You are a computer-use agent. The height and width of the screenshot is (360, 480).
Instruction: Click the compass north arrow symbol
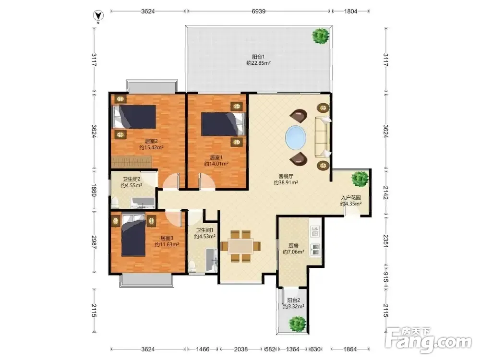pyautogui.click(x=98, y=15)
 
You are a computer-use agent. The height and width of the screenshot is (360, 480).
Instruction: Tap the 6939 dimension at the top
pyautogui.click(x=258, y=12)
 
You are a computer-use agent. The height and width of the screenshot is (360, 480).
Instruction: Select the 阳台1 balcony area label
pyautogui.click(x=258, y=57)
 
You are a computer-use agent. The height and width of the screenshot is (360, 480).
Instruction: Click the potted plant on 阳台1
pyautogui.click(x=321, y=36)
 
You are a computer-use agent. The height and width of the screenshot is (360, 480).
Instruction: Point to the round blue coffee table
pyautogui.click(x=295, y=137)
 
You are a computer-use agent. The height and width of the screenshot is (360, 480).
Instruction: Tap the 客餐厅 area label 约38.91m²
pyautogui.click(x=286, y=183)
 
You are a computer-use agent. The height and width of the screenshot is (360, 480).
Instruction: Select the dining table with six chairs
pyautogui.click(x=240, y=246)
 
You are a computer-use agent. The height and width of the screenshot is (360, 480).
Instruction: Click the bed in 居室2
pyautogui.click(x=134, y=117)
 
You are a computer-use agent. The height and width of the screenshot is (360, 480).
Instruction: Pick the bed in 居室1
pyautogui.click(x=224, y=124)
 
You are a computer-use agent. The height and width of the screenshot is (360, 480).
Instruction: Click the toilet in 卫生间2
pyautogui.click(x=115, y=202)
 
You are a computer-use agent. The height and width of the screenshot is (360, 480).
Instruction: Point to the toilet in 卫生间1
pyautogui.click(x=192, y=266)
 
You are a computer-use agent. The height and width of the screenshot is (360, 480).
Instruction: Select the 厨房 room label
pyautogui.click(x=293, y=245)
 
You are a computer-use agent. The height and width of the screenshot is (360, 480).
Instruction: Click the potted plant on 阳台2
pyautogui.click(x=297, y=323)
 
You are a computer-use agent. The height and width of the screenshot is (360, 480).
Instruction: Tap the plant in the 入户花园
pyautogui.click(x=360, y=179)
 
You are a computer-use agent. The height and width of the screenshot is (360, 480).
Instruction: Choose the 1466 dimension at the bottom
pyautogui.click(x=203, y=349)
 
